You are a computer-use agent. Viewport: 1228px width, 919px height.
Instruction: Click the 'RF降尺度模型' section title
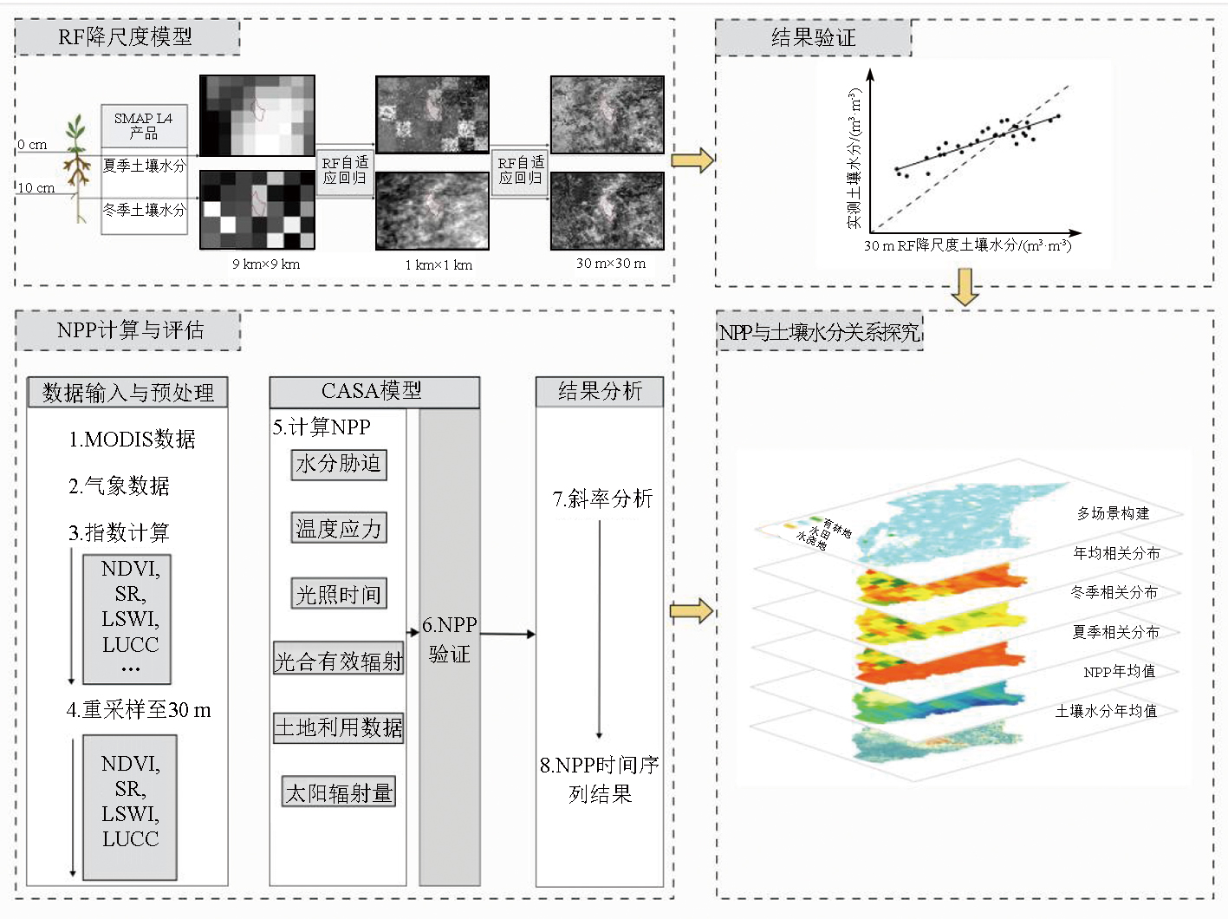[126, 37]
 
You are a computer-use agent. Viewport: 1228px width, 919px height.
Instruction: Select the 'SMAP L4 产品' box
[144, 126]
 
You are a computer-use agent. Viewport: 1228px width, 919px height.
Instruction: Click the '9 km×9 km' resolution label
[266, 264]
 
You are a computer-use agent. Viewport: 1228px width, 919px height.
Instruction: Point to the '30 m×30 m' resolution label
[611, 263]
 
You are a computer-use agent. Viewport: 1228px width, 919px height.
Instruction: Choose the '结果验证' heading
[813, 37]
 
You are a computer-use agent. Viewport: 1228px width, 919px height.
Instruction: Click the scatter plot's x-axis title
[967, 245]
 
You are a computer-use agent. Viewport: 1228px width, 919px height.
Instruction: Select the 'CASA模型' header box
[373, 391]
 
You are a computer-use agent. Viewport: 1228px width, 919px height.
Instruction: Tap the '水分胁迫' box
[339, 464]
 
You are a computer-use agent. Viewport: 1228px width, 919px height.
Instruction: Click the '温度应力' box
[339, 528]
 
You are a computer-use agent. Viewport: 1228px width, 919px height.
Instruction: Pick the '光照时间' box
[339, 594]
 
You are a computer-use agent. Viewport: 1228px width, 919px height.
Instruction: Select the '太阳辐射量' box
[339, 792]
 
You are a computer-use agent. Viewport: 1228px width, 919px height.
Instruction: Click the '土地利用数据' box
[339, 727]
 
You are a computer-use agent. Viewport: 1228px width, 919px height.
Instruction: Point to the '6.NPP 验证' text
[449, 639]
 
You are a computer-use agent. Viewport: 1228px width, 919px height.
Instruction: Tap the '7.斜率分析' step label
[602, 499]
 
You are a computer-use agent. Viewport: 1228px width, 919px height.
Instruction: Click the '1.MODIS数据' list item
[133, 440]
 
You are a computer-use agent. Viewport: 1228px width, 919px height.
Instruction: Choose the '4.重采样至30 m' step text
[139, 710]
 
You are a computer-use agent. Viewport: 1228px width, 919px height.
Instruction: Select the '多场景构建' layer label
[1113, 513]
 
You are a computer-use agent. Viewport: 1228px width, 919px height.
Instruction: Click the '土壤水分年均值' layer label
[1106, 711]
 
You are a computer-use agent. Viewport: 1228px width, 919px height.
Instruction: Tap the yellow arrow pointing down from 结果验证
[965, 287]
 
